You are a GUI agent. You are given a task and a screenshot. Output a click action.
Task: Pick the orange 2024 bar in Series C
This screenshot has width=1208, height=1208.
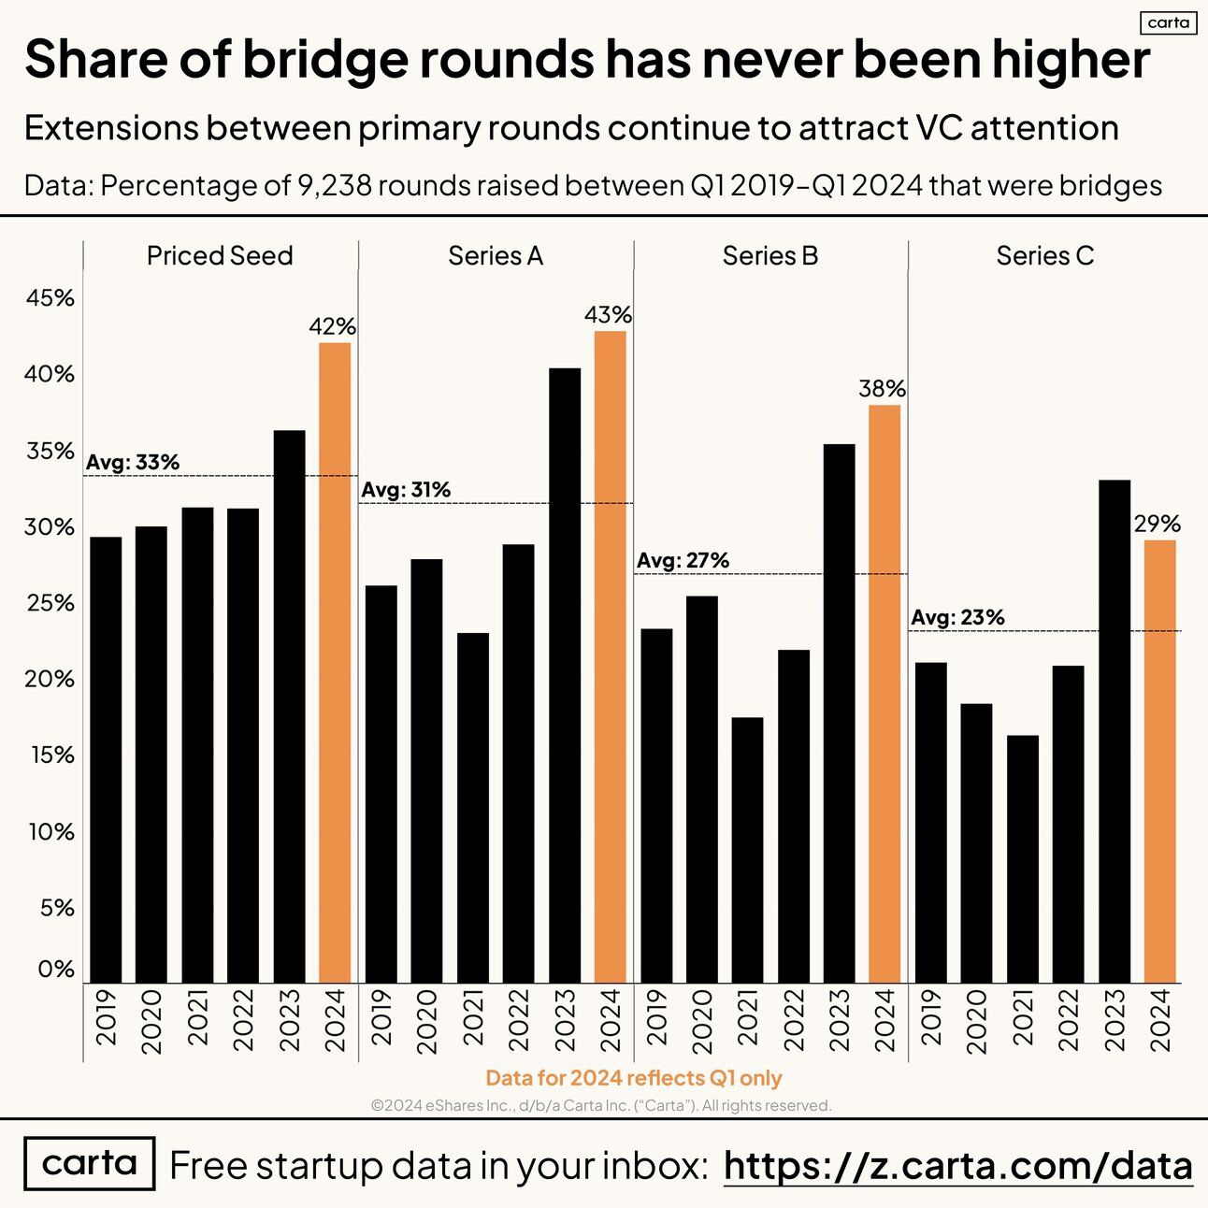[x=1160, y=761]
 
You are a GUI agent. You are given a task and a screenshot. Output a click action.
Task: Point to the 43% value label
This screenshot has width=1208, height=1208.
[x=608, y=315]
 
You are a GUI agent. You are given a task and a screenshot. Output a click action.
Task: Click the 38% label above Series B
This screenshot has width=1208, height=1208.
[x=882, y=389]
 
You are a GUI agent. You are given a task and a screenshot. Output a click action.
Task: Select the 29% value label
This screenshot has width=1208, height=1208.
[x=1158, y=525]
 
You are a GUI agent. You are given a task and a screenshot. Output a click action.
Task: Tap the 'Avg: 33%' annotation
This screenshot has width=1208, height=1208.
[x=133, y=462]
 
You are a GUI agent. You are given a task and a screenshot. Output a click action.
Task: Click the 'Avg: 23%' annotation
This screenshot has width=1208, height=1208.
[x=957, y=617]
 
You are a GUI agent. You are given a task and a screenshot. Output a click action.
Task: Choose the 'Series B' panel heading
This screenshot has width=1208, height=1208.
[x=770, y=255]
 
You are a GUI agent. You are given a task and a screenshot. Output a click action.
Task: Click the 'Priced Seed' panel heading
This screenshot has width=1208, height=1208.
[x=220, y=255]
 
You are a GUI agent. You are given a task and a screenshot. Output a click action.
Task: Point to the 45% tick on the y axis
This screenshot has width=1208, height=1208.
[x=50, y=298]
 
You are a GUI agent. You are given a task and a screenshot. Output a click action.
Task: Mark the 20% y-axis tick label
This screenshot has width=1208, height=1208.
[x=50, y=679]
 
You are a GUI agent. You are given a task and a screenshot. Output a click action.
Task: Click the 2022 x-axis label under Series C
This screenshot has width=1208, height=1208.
[x=1069, y=1022]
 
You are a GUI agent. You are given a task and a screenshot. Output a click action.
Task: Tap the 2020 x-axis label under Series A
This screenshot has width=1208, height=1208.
[x=426, y=1022]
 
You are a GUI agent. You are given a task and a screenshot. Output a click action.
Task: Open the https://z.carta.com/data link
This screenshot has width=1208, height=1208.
[x=958, y=1166]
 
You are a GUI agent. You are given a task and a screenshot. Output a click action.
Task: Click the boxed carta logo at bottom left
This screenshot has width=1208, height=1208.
[x=90, y=1163]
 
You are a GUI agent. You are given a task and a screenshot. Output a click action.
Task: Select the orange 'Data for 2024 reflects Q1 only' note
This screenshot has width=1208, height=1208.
[x=634, y=1078]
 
